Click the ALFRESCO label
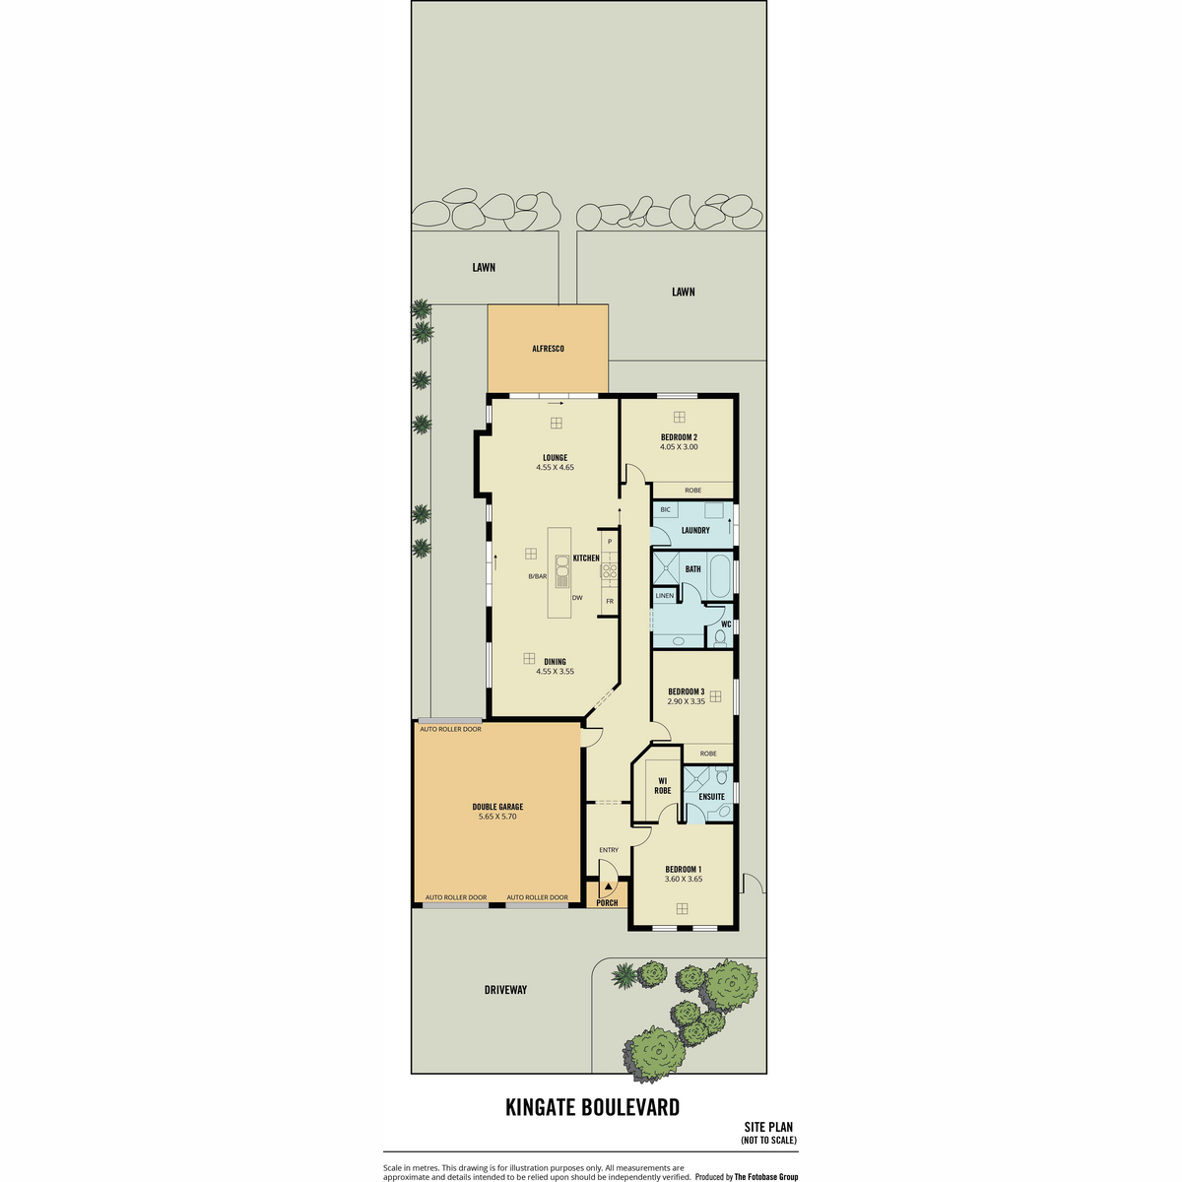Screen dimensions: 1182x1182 [x=547, y=349]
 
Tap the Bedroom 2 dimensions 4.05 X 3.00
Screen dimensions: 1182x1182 [x=679, y=446]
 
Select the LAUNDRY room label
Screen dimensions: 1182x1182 [x=695, y=530]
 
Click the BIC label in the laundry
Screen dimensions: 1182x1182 [x=666, y=509]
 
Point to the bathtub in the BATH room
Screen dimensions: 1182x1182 [x=719, y=576]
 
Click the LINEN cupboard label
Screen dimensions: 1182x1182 [x=664, y=596]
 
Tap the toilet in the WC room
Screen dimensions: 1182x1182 [x=721, y=638]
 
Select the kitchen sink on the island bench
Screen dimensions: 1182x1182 [x=561, y=571]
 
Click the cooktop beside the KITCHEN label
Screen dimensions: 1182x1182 [x=609, y=571]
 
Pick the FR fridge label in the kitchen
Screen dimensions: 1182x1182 [x=610, y=601]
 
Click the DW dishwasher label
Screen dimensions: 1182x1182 [x=577, y=598]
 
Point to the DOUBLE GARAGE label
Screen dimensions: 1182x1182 [x=497, y=807]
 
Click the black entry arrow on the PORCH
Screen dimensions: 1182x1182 [x=608, y=886]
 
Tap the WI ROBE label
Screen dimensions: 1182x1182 [x=663, y=786]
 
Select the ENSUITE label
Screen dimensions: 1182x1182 [x=711, y=797]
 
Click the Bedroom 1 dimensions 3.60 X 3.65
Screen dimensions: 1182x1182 [x=684, y=879]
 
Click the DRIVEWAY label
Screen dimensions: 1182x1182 [x=505, y=989]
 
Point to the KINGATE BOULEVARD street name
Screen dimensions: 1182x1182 [x=593, y=1107]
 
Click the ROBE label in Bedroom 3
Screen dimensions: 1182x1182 [x=708, y=754]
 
